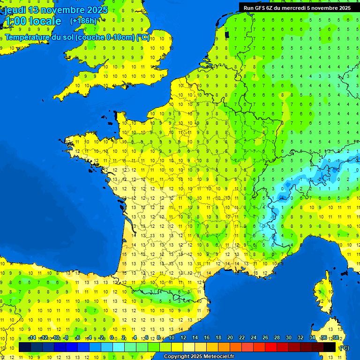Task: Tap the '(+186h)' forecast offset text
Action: [x=83, y=21]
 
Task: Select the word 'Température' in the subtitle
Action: [x=29, y=37]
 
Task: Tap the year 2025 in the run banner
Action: [x=342, y=7]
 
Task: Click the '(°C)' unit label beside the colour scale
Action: [x=344, y=347]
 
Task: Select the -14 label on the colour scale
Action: [x=32, y=338]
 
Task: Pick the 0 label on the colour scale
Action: [x=112, y=338]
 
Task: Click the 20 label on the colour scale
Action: [x=230, y=338]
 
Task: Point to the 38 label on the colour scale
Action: [x=335, y=338]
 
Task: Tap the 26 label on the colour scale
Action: [x=265, y=338]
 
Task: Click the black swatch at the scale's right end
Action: [x=330, y=347]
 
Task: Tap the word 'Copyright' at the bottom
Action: [x=177, y=357]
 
